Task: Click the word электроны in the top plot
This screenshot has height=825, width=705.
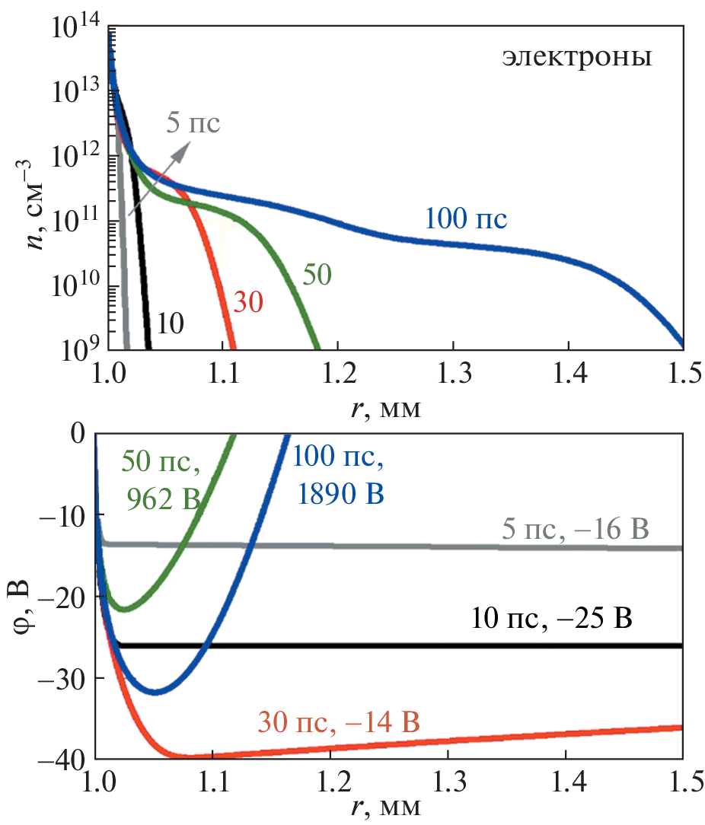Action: [x=576, y=58]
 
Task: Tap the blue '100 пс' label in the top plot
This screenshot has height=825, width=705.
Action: [x=466, y=220]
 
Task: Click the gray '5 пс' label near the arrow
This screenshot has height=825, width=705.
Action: [x=193, y=123]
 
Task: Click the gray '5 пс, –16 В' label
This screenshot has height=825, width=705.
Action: [x=576, y=527]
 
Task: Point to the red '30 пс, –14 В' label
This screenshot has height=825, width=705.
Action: [x=339, y=721]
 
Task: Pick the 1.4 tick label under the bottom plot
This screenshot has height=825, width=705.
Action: [x=565, y=781]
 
